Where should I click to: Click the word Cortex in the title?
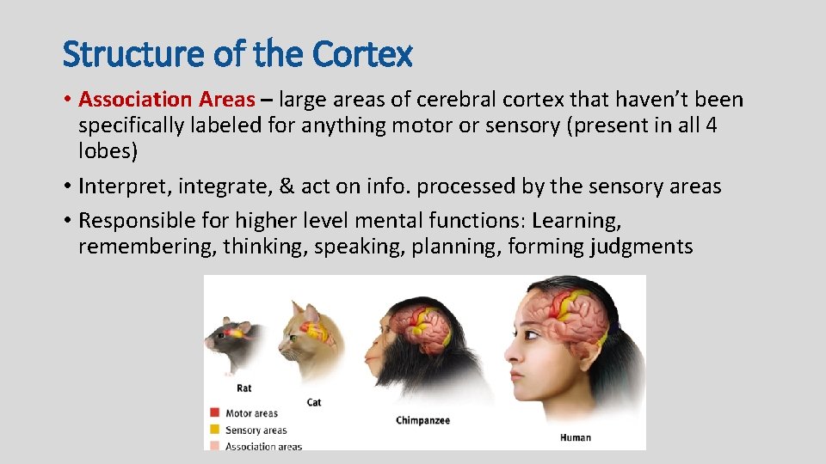[363, 54]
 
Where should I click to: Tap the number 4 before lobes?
[710, 125]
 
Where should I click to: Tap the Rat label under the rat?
[243, 388]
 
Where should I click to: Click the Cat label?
[314, 402]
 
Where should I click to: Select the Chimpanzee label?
[422, 420]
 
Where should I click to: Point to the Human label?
[576, 437]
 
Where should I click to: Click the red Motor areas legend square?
[215, 414]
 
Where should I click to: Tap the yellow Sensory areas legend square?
[215, 430]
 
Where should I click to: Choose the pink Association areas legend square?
[215, 446]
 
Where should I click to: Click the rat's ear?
[243, 327]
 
